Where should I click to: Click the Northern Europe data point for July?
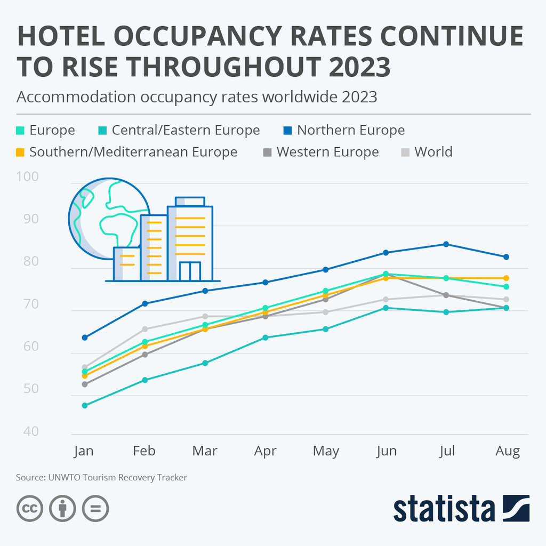click(x=446, y=244)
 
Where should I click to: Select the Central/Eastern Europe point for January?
click(x=84, y=405)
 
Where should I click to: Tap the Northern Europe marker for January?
click(x=84, y=338)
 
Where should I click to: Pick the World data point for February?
click(x=144, y=329)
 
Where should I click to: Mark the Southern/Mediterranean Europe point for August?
click(x=507, y=278)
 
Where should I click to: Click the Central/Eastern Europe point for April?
click(x=265, y=338)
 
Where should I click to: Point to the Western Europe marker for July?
click(x=446, y=295)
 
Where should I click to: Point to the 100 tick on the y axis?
click(x=28, y=176)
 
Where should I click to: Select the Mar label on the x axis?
click(x=205, y=451)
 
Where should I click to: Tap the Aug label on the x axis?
click(x=507, y=451)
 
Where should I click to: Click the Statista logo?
click(x=461, y=509)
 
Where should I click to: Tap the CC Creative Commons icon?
click(x=30, y=509)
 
